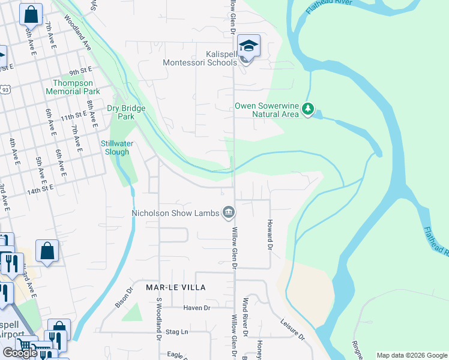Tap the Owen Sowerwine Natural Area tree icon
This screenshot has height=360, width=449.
(309, 109)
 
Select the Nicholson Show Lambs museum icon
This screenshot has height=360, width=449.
(229, 212)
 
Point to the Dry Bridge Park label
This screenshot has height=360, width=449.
(121, 112)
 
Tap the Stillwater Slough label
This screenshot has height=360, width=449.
(116, 148)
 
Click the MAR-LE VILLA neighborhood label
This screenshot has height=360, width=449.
(175, 287)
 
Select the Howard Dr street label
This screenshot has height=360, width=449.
(270, 234)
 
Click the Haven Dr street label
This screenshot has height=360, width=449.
(197, 308)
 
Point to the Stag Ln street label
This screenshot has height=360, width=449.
(177, 331)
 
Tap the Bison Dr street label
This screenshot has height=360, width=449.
(122, 298)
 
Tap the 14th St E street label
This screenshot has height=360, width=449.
(40, 188)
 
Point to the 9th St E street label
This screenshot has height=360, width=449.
(80, 71)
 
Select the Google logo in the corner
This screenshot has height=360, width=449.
(20, 353)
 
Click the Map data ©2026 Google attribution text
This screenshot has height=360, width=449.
(411, 355)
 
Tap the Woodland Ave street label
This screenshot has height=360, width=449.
(79, 37)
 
